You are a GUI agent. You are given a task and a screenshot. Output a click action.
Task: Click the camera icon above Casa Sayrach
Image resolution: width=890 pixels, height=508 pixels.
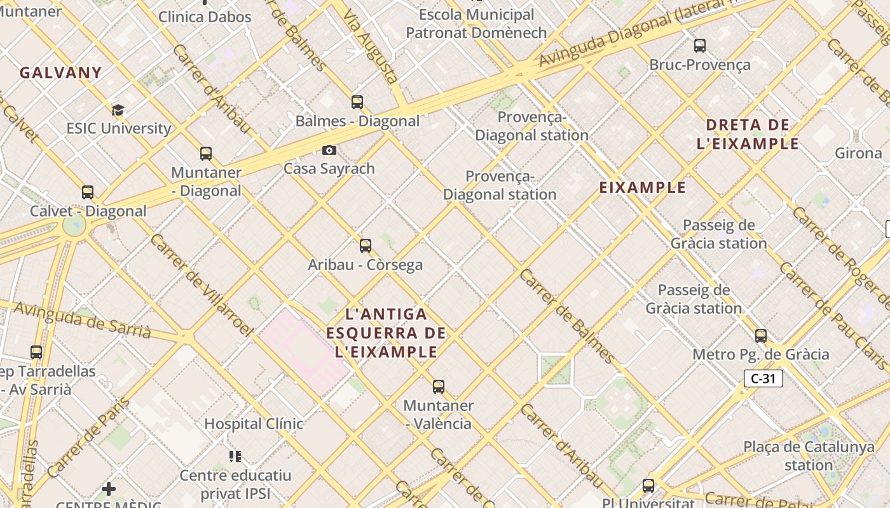(329, 150)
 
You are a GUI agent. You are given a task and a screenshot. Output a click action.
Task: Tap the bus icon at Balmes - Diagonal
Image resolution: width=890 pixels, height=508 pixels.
(357, 102)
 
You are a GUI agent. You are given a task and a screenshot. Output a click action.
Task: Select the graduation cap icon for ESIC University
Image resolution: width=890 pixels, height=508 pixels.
(118, 110)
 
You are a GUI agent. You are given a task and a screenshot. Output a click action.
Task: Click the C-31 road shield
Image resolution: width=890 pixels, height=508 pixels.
(763, 379)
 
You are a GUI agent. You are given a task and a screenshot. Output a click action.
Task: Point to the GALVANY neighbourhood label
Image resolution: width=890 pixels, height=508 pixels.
(60, 73)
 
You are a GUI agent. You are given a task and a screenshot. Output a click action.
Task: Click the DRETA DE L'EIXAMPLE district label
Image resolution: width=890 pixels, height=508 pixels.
(748, 135)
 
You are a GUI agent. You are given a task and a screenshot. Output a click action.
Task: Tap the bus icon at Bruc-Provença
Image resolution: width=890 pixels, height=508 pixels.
(700, 46)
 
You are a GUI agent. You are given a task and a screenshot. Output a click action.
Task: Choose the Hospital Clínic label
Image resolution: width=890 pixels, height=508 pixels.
(253, 424)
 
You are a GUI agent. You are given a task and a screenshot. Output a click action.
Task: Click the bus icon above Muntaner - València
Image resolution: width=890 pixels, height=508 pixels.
(438, 386)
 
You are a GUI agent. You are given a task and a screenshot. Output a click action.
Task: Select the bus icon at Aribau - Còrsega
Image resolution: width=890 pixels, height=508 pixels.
(365, 246)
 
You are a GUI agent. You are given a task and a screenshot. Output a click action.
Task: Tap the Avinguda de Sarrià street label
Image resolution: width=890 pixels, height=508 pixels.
(82, 321)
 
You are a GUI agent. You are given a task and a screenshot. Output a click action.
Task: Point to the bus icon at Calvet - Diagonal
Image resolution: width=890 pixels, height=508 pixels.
(88, 192)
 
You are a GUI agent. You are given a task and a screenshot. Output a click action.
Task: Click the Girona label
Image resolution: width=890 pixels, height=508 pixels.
(858, 153)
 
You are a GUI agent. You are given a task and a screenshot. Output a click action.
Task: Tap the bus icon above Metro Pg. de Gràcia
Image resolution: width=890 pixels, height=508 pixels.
(761, 336)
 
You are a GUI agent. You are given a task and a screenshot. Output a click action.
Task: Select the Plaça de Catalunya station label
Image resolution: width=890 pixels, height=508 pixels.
(809, 456)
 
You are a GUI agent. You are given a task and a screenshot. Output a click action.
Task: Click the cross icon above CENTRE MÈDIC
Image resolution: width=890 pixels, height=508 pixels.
(109, 489)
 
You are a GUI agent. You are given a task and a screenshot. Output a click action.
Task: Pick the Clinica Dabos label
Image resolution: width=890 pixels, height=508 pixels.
(205, 17)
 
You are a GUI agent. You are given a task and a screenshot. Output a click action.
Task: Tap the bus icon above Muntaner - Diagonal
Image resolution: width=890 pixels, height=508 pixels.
(205, 154)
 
